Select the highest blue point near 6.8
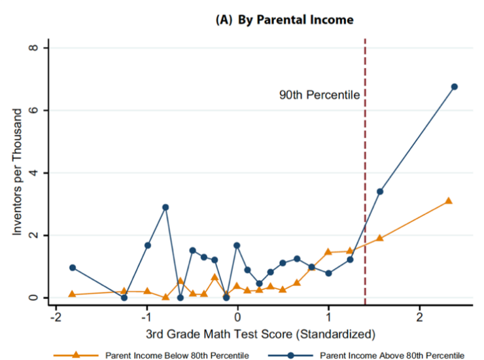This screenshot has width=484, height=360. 454,86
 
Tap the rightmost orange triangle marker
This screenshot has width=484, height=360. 449,201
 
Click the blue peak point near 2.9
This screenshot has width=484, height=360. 165,207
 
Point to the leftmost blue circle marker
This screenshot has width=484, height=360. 73,268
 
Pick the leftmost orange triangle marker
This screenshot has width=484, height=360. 72,295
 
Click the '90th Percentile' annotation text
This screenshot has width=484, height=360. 320,95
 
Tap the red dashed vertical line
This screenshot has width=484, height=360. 364,196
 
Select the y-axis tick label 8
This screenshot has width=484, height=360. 39,48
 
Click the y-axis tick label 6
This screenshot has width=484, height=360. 39,111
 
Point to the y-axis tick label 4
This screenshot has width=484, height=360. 39,173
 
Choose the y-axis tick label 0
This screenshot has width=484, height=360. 39,298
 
